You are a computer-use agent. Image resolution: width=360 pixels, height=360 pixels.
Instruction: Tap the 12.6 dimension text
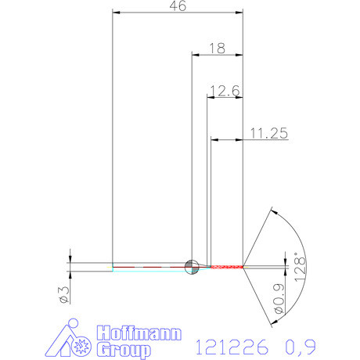[x=225, y=91]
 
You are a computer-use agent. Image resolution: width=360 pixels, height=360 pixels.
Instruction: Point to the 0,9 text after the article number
[x=303, y=345]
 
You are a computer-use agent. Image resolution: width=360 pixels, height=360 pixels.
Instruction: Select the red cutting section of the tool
[x=226, y=267]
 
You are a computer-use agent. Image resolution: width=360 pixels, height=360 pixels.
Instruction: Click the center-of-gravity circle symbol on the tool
[x=191, y=267]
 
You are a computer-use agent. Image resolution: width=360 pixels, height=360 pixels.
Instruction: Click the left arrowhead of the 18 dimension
[x=196, y=54]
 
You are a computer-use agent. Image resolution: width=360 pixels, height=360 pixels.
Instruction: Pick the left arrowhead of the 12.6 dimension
[x=210, y=98]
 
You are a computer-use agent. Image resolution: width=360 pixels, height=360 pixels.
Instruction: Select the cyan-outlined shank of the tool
[x=149, y=267]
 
